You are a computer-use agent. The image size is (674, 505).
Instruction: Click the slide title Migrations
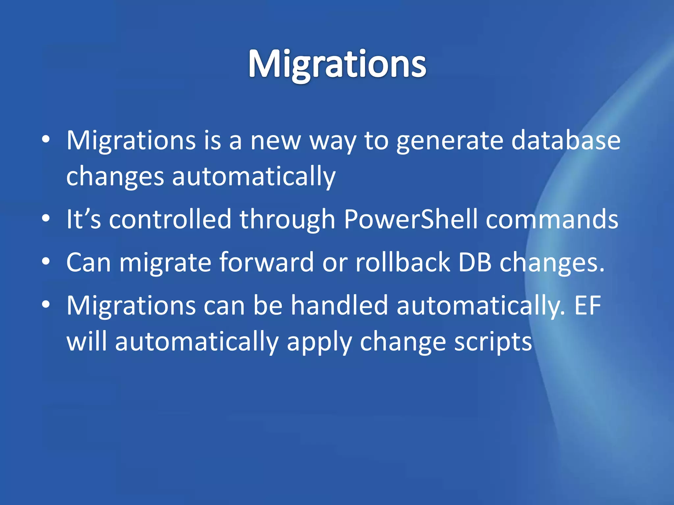(x=337, y=64)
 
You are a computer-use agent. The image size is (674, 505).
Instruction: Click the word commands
(x=552, y=219)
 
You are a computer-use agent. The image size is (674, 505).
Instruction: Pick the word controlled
(x=170, y=219)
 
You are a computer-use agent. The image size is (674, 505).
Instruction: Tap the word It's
(x=84, y=219)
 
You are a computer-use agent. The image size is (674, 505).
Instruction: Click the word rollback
(x=402, y=262)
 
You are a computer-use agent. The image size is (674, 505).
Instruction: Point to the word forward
(x=267, y=262)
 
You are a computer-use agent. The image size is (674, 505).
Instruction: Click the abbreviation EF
(x=587, y=305)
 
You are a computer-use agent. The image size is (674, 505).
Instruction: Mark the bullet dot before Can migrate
(x=46, y=262)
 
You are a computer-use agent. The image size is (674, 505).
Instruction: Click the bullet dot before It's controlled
(x=46, y=218)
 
